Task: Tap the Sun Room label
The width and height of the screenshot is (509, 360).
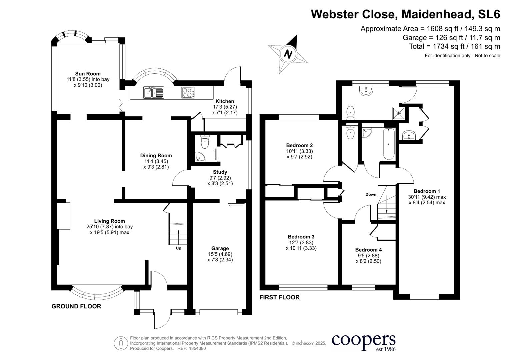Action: pos(88,74)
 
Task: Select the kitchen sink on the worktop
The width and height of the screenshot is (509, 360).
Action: pos(154,92)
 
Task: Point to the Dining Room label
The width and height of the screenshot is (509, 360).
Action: pos(156,155)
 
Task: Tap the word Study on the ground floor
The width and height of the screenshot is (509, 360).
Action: pos(220,172)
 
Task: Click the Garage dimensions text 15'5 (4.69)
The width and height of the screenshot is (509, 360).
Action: pos(220,254)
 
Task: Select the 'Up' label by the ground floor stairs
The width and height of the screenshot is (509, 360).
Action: pos(179,248)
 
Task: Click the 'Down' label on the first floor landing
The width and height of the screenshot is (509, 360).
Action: pos(371,194)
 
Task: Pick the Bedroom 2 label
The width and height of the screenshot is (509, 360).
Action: pos(299,145)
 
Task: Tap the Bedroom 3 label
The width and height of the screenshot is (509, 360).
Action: pos(301,237)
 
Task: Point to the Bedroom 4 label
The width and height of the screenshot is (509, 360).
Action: pos(368,250)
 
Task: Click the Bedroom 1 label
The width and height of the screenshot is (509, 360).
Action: pos(427,191)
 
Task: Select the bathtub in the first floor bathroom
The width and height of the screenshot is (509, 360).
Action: pos(389,144)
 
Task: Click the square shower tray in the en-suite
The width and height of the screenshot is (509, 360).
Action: pos(399,113)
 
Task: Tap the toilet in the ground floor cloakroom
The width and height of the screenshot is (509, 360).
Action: pos(205,142)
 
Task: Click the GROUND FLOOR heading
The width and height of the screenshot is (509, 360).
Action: pos(76,306)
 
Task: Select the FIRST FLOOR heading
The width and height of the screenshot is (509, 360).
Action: pos(279,297)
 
